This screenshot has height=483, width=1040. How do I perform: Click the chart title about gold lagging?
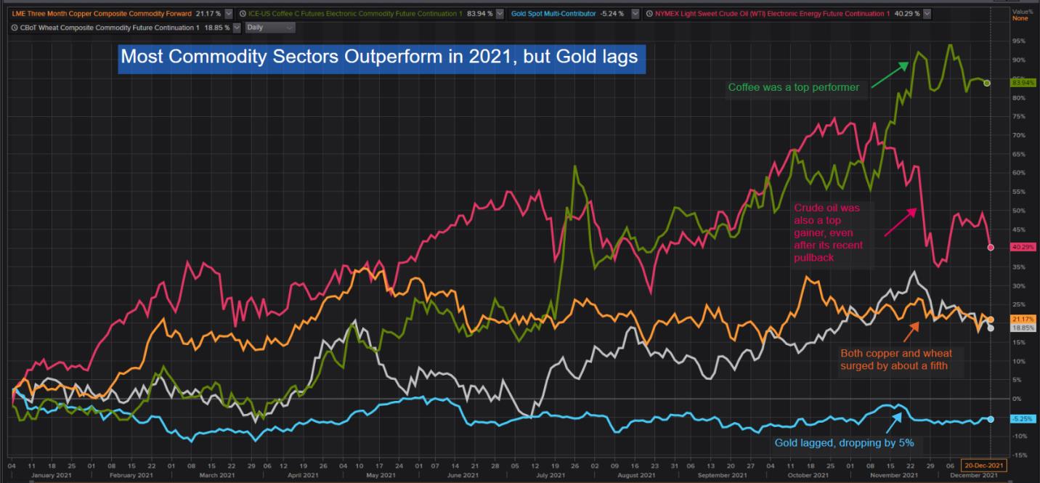click(x=378, y=57)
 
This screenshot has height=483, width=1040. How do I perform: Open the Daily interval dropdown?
click(x=270, y=27)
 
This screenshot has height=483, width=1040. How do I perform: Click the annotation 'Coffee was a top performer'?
click(x=794, y=88)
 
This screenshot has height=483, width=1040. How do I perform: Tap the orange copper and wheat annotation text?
click(x=895, y=360)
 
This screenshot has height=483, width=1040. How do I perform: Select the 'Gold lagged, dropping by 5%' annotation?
click(x=845, y=442)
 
